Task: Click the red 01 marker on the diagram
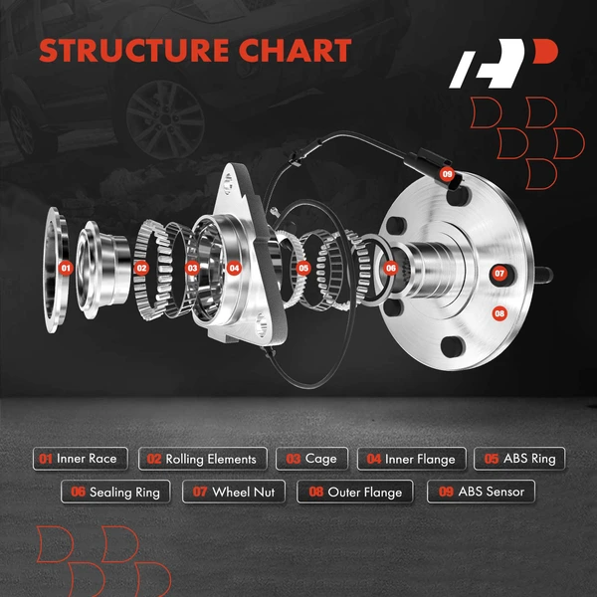tap(66, 268)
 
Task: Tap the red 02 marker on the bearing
tap(141, 268)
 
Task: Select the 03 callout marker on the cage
tap(192, 268)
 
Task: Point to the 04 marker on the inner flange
tap(234, 268)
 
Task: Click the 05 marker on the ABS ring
tap(303, 268)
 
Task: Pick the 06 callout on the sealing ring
tap(390, 268)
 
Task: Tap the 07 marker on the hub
tap(499, 273)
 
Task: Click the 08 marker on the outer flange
tap(499, 312)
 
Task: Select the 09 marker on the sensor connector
tap(447, 175)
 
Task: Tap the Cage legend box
tap(312, 459)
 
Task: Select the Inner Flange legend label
tap(411, 459)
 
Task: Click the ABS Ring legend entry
tap(519, 459)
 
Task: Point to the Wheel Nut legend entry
tap(234, 492)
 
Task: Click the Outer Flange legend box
tap(355, 492)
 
